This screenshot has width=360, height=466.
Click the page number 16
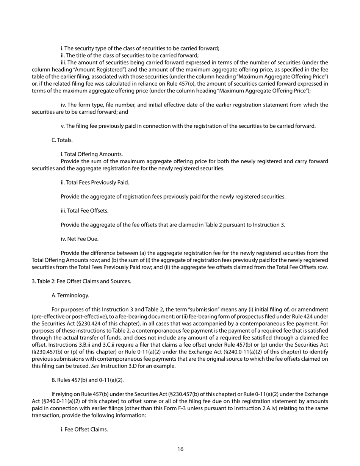pos(180,449)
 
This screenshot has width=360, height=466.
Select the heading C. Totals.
pos(62,140)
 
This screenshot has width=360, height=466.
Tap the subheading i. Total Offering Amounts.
pos(92,154)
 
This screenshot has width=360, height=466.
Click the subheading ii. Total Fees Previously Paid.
pos(95,183)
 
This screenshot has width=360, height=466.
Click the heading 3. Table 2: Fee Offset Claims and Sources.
pos(81,281)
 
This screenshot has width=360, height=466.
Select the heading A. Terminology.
pos(70,295)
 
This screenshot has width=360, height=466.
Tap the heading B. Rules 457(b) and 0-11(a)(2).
pos(87,380)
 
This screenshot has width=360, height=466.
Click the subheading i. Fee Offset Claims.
pos(84,429)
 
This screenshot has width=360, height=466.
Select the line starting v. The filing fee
pos(188,126)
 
